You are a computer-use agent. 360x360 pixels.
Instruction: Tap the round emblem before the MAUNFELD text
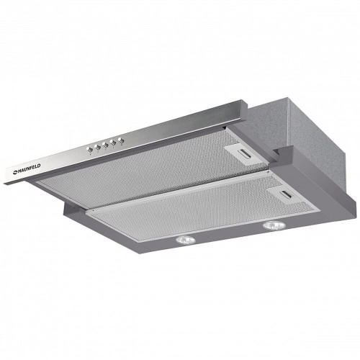tap(14, 171)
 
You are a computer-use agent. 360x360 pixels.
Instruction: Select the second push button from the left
tap(97, 147)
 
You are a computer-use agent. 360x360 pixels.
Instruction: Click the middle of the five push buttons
tap(104, 145)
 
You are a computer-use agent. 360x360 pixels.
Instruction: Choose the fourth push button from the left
tap(112, 143)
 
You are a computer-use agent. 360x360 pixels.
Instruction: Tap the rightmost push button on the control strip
tap(120, 140)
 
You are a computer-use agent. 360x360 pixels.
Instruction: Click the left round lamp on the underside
tap(186, 240)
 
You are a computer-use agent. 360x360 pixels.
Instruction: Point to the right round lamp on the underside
tap(274, 225)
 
